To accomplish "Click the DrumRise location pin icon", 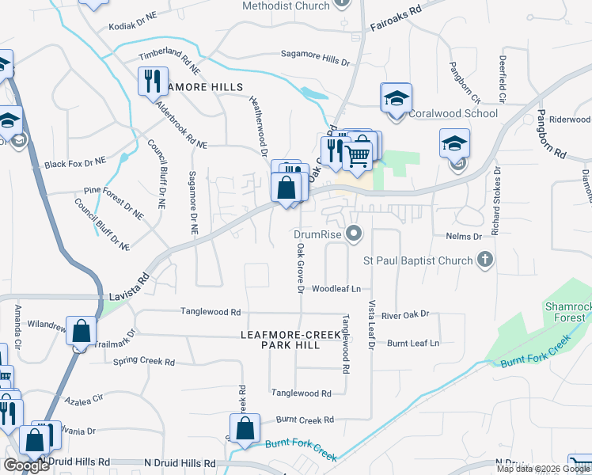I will click(355, 234).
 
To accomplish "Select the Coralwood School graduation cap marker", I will click(397, 98).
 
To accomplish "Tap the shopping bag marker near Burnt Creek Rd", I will click(246, 428).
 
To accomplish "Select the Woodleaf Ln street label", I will click(336, 289).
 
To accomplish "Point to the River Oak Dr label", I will click(404, 314).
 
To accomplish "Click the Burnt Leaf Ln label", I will click(412, 343).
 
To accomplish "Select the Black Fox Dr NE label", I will click(75, 164).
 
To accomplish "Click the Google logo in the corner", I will click(26, 465).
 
